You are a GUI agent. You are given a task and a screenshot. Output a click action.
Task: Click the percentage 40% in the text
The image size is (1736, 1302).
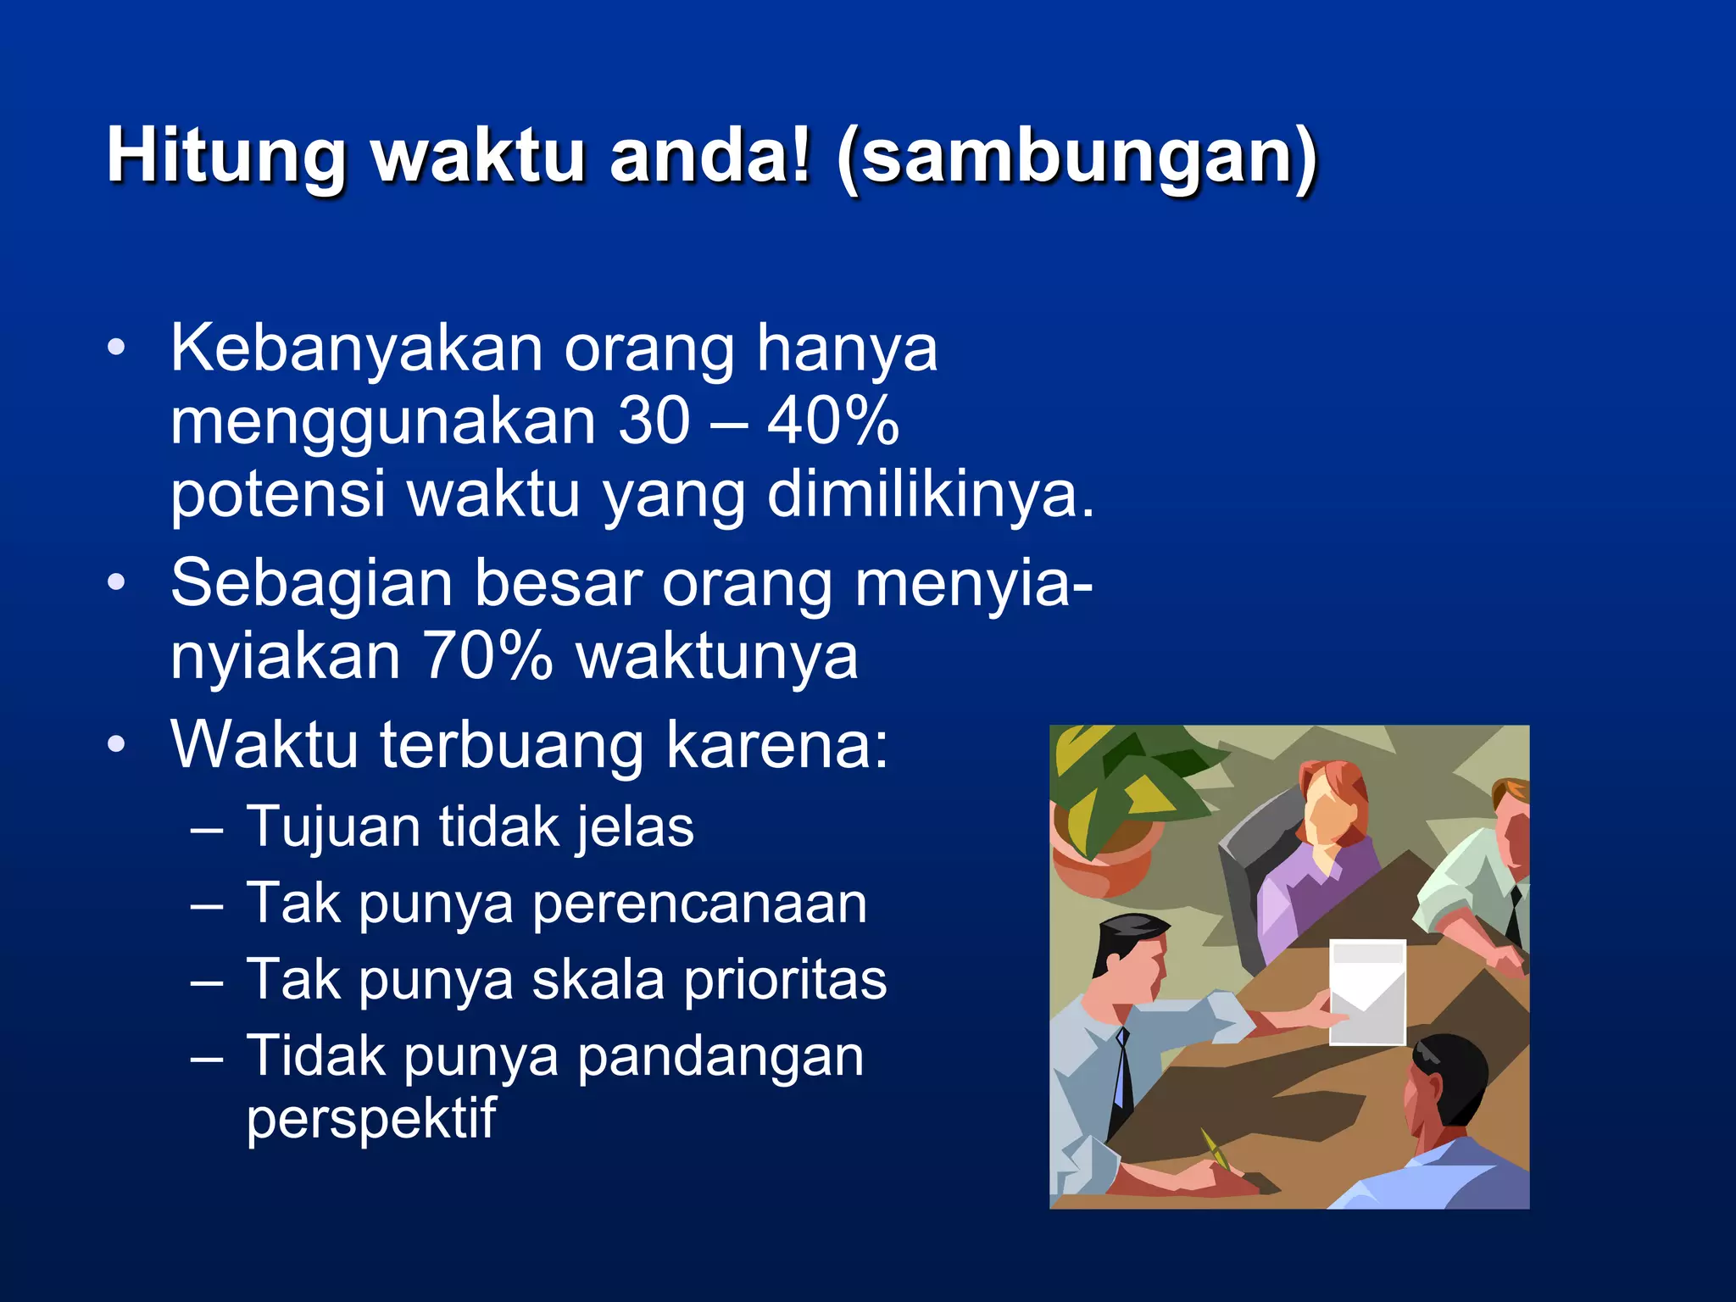pyautogui.click(x=832, y=420)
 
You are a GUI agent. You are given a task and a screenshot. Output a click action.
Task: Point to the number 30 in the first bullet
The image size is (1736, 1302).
pyautogui.click(x=654, y=420)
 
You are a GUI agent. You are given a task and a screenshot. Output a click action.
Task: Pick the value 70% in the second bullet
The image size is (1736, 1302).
pyautogui.click(x=487, y=655)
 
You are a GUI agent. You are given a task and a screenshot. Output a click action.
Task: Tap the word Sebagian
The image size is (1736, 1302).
pyautogui.click(x=312, y=583)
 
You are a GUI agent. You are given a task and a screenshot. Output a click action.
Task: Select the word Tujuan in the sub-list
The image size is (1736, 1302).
pyautogui.click(x=332, y=826)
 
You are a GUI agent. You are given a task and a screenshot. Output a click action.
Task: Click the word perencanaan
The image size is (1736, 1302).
pyautogui.click(x=699, y=904)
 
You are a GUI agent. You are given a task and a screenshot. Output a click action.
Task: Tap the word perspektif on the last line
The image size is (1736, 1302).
pyautogui.click(x=370, y=1119)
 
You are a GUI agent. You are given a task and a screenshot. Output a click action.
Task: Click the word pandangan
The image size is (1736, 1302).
pyautogui.click(x=721, y=1056)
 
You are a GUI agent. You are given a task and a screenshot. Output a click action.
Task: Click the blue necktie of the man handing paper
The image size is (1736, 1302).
pyautogui.click(x=1121, y=1068)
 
